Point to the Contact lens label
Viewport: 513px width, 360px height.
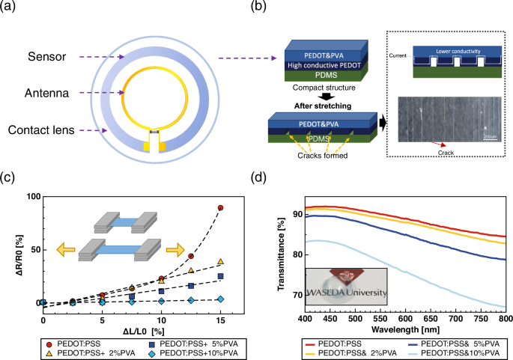(x=49, y=130)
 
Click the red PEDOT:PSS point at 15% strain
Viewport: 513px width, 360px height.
(x=220, y=207)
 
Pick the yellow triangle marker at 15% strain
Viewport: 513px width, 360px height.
(x=220, y=261)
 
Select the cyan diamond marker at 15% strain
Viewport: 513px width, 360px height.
(x=220, y=299)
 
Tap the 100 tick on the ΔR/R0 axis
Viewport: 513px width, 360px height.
(x=31, y=196)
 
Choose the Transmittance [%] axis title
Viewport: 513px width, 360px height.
(x=280, y=251)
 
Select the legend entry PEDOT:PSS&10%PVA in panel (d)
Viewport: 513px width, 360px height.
(x=462, y=352)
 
